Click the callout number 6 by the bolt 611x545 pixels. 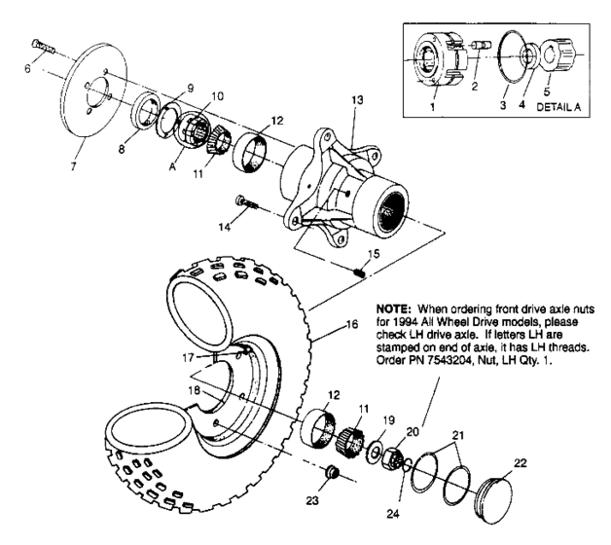point(27,70)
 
